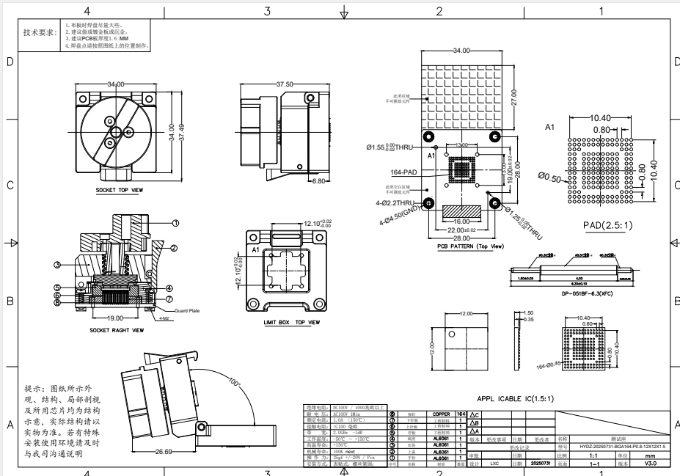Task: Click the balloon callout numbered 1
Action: [x=175, y=223]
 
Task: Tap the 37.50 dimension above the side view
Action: [x=285, y=84]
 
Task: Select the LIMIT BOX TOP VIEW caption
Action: [x=291, y=322]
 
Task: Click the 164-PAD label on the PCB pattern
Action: [x=405, y=174]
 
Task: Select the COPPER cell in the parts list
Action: [x=441, y=414]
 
